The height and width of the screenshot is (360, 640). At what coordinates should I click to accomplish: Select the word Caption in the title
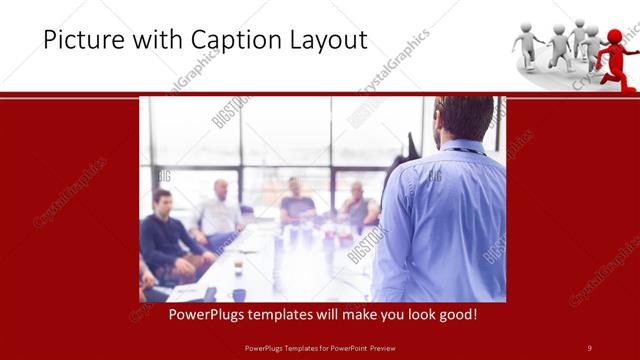[x=215, y=41]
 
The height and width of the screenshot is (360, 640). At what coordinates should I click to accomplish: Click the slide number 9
[x=589, y=347]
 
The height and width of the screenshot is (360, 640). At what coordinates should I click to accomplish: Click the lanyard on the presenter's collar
[x=462, y=150]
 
